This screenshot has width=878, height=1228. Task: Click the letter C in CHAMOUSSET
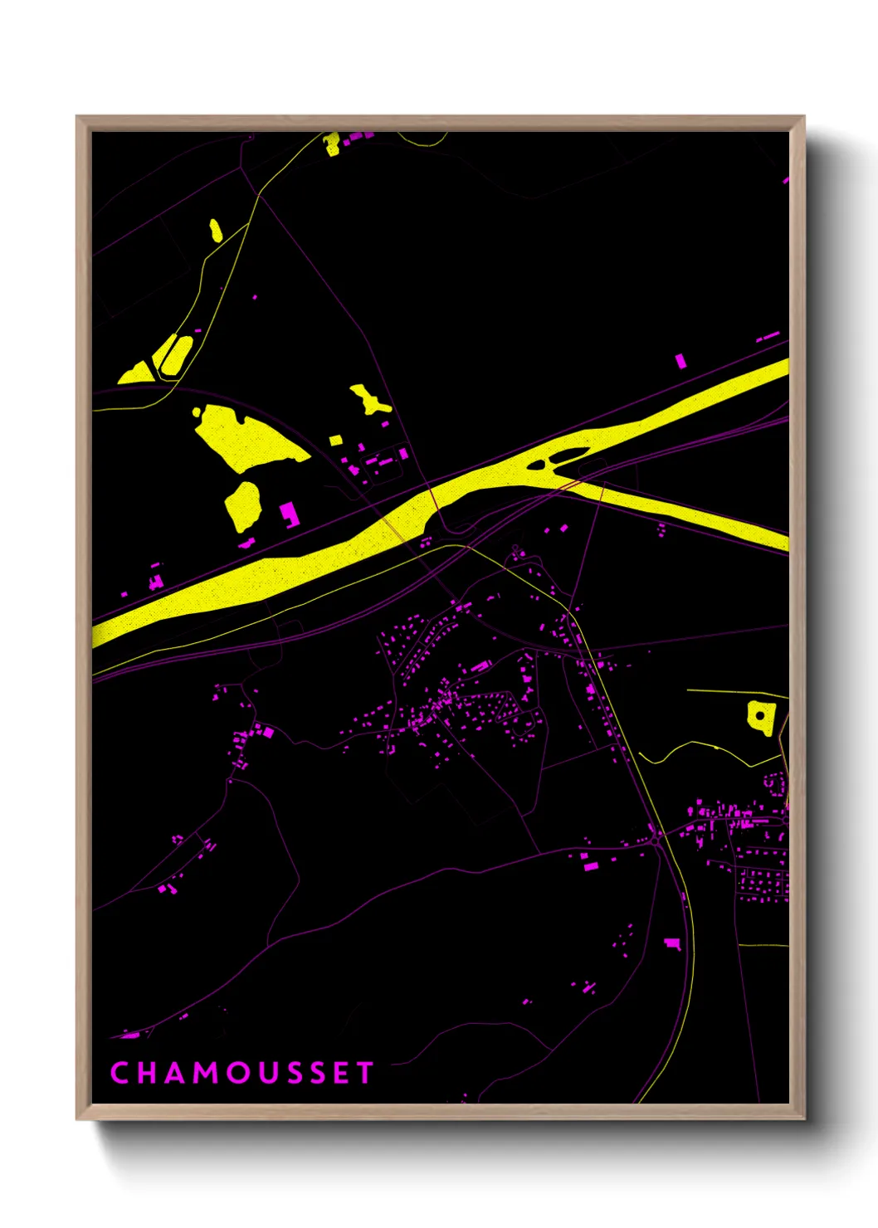click(x=120, y=1073)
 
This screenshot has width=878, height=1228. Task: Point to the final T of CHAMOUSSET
click(x=364, y=1073)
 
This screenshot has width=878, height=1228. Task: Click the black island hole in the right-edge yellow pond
click(x=760, y=714)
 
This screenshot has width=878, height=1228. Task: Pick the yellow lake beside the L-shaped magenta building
click(x=243, y=505)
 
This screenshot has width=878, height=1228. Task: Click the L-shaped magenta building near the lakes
click(x=289, y=514)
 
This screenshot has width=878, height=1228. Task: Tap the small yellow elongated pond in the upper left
click(x=216, y=230)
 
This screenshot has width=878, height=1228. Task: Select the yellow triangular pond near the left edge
click(x=136, y=373)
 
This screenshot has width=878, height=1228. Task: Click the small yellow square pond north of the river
click(x=336, y=440)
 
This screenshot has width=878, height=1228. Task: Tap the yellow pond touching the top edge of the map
click(x=333, y=144)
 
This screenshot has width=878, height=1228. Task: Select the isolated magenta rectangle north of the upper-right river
click(x=680, y=361)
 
